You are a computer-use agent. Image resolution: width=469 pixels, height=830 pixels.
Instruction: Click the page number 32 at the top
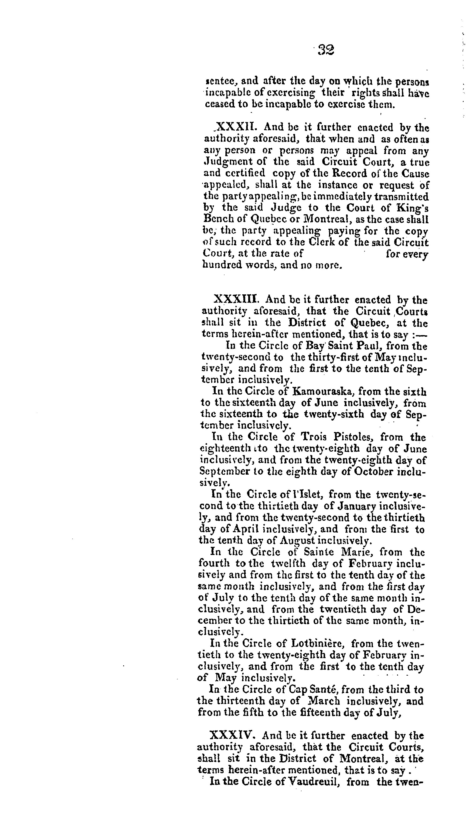(x=326, y=50)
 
